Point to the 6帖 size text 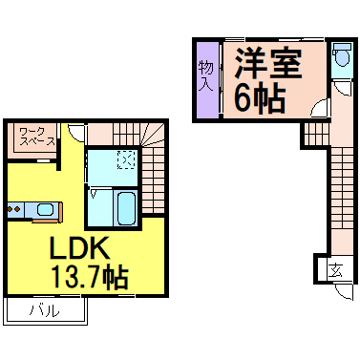pos(260,99)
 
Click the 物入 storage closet pos(205,78)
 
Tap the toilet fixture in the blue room pos(342,60)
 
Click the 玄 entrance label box pos(336,271)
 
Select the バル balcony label pos(44,311)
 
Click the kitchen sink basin pos(44,208)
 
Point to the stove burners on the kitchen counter pos(13,208)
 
